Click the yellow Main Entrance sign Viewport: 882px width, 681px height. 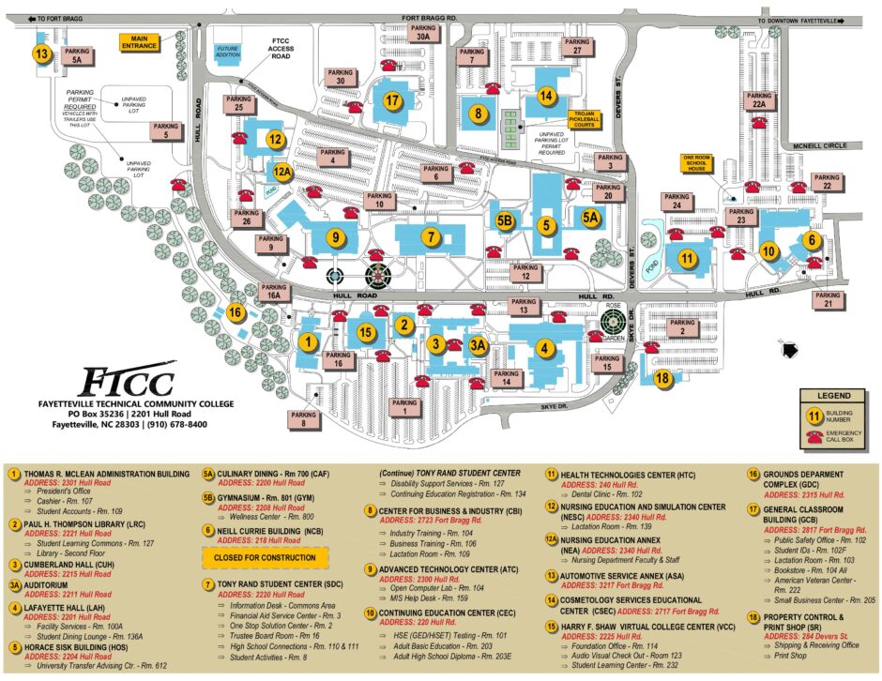click(138, 43)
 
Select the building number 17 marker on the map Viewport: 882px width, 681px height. click(393, 100)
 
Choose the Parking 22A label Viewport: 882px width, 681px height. click(759, 100)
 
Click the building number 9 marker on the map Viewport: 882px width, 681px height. click(334, 237)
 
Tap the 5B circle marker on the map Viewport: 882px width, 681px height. click(505, 221)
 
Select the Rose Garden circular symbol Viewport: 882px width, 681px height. click(614, 328)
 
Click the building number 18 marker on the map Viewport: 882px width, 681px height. click(663, 379)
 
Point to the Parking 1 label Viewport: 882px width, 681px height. click(405, 406)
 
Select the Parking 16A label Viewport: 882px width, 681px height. click(273, 292)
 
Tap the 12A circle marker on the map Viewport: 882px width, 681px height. click(282, 172)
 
